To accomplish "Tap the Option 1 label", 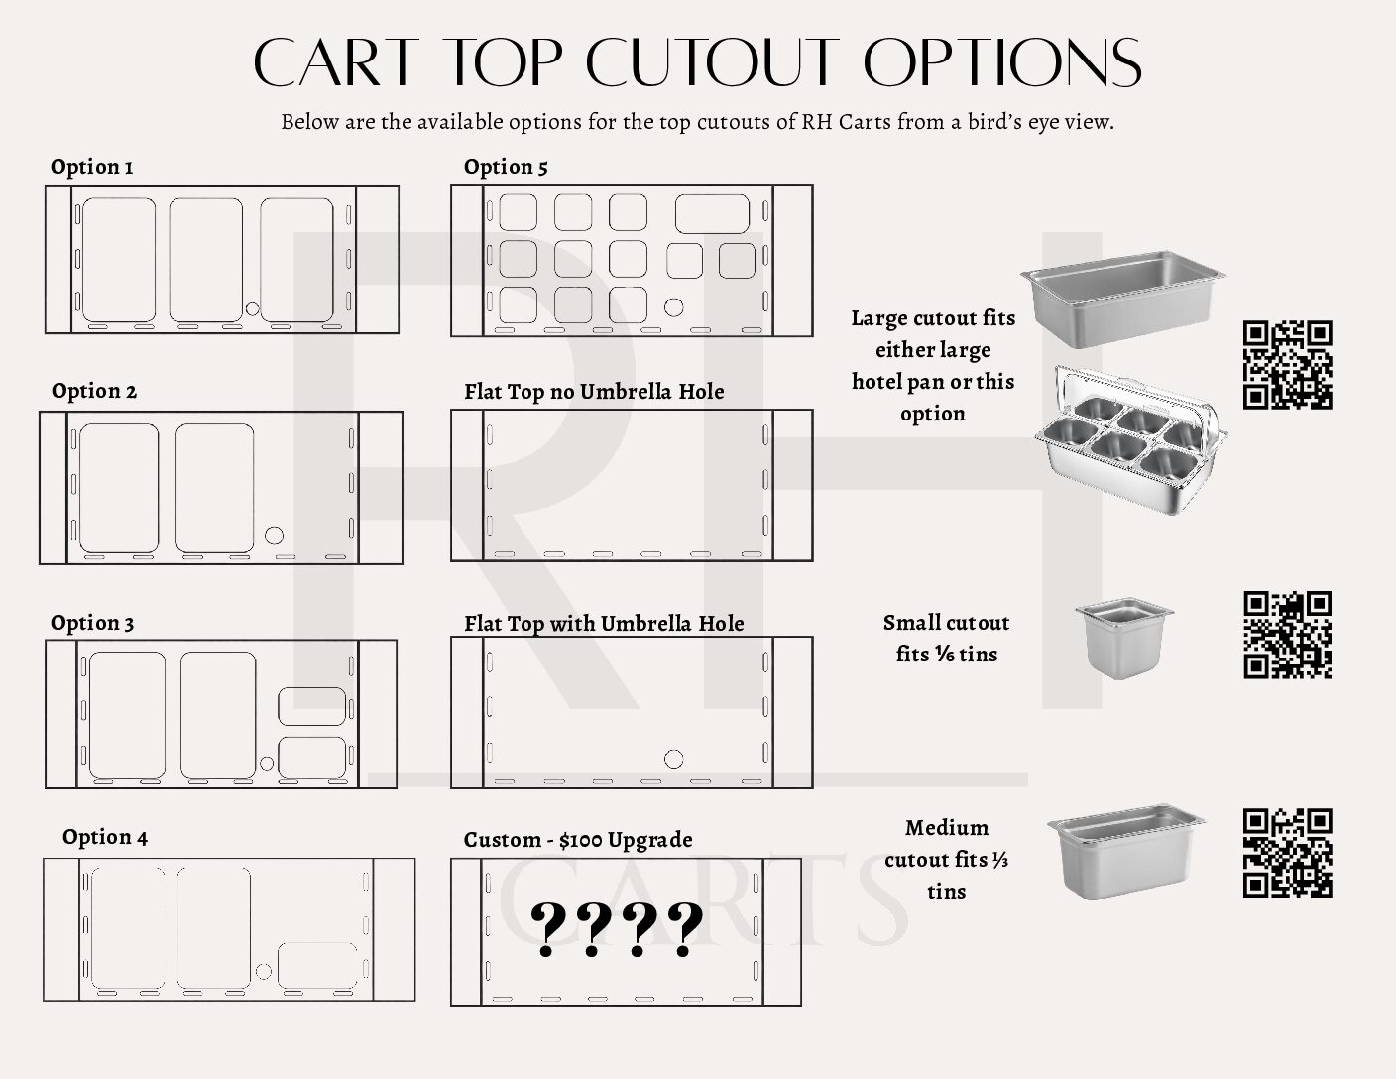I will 91,167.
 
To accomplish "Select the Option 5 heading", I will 506,167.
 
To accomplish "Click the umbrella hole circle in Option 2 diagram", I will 275,536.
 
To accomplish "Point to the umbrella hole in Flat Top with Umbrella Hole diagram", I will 673,760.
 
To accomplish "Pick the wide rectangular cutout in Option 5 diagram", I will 712,214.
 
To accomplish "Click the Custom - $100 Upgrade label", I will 578,840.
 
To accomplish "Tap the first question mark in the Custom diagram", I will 546,929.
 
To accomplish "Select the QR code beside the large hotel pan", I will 1287,364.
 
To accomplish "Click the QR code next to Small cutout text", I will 1287,635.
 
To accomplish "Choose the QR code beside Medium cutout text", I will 1287,853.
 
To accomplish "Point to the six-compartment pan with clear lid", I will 1130,436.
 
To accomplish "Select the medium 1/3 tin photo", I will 1125,851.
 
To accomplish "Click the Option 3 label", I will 92,623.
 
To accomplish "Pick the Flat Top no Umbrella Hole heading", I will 594,392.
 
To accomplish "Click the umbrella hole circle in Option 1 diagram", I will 252,309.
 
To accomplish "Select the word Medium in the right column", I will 946,828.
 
